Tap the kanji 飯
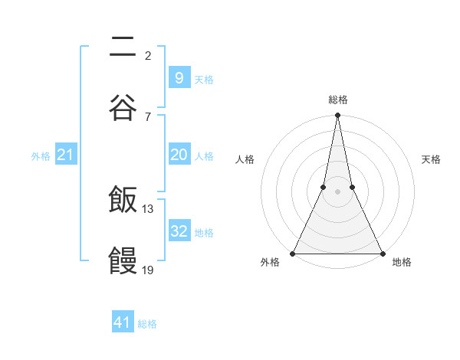coord(123,201)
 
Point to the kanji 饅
coord(123,260)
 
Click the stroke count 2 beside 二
coord(147,55)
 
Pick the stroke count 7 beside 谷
coord(147,116)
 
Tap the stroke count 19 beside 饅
coord(148,269)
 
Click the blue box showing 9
coord(179,77)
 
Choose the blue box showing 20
coord(179,155)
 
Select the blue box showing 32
coord(179,231)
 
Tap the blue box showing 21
coord(65,155)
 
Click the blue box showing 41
coord(123,322)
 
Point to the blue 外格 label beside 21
coord(41,156)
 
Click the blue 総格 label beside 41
coord(147,324)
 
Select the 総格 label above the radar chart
coord(337,100)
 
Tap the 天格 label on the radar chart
coord(431,159)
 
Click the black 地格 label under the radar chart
coord(402,263)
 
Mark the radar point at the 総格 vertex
coord(337,116)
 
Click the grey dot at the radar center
coord(337,191)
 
